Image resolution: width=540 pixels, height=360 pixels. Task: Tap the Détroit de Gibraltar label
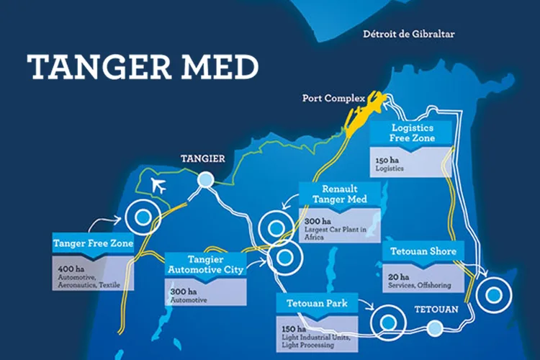(x=409, y=34)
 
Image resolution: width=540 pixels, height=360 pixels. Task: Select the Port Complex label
(x=332, y=99)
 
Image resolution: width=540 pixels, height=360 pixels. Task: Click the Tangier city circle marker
(x=207, y=181)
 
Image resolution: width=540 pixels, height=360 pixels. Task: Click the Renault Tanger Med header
(x=339, y=193)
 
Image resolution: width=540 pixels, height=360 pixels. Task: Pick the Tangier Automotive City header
(x=205, y=264)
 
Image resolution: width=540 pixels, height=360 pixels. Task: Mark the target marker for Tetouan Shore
(x=494, y=294)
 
